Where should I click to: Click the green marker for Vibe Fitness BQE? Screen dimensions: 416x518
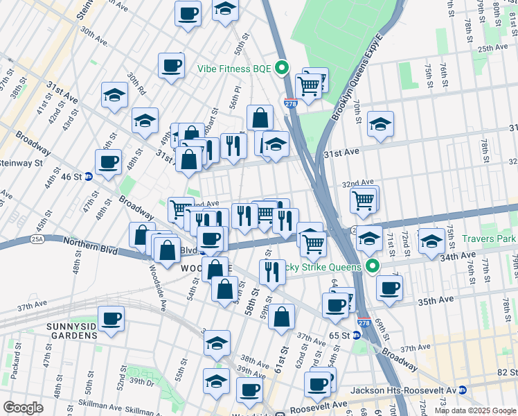281,68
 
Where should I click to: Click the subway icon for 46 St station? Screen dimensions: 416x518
89,177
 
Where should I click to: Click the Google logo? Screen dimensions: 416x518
23,408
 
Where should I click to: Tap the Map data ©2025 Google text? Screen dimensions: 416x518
475,410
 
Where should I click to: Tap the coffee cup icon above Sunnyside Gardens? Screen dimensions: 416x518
111,319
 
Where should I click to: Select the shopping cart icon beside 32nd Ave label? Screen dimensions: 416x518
364,200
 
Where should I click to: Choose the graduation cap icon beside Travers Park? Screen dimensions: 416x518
431,241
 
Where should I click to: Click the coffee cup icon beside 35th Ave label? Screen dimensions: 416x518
389,287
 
